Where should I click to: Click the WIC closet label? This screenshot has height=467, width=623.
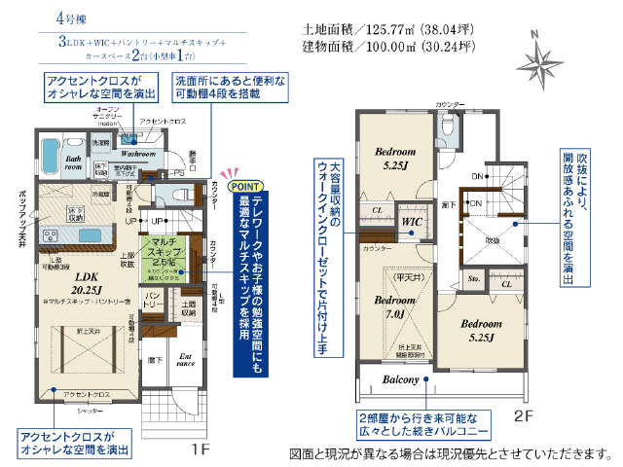pos(410,223)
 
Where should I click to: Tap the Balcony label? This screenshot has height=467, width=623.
pos(400,378)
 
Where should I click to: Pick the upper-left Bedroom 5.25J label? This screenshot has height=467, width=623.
pos(396,159)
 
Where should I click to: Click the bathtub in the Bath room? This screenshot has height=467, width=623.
pos(51,156)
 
